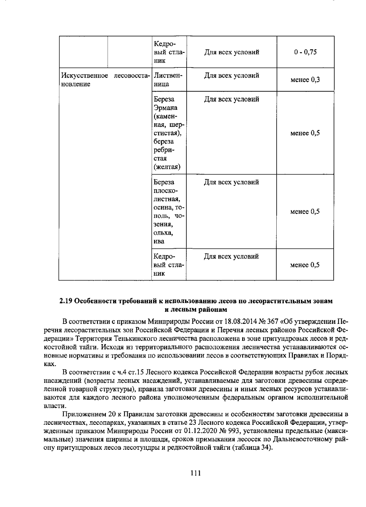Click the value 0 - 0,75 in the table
(x=305, y=52)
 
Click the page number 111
(x=195, y=473)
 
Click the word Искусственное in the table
(x=85, y=76)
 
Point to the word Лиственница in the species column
(x=168, y=79)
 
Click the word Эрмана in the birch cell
(x=166, y=108)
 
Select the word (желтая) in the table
(x=167, y=167)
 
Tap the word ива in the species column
(x=159, y=241)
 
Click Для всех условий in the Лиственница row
(x=231, y=76)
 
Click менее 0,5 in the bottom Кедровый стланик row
(x=305, y=265)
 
